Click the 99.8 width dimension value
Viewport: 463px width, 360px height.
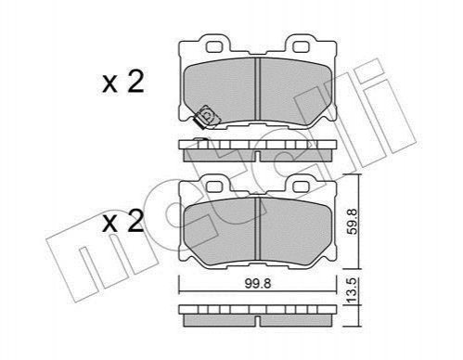click(258, 283)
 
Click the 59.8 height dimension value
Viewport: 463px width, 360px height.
click(353, 222)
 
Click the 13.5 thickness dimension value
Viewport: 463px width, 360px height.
click(353, 290)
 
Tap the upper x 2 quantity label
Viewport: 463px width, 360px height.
click(123, 82)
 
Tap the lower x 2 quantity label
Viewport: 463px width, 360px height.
click(123, 222)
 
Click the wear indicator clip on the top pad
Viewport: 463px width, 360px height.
click(206, 117)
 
